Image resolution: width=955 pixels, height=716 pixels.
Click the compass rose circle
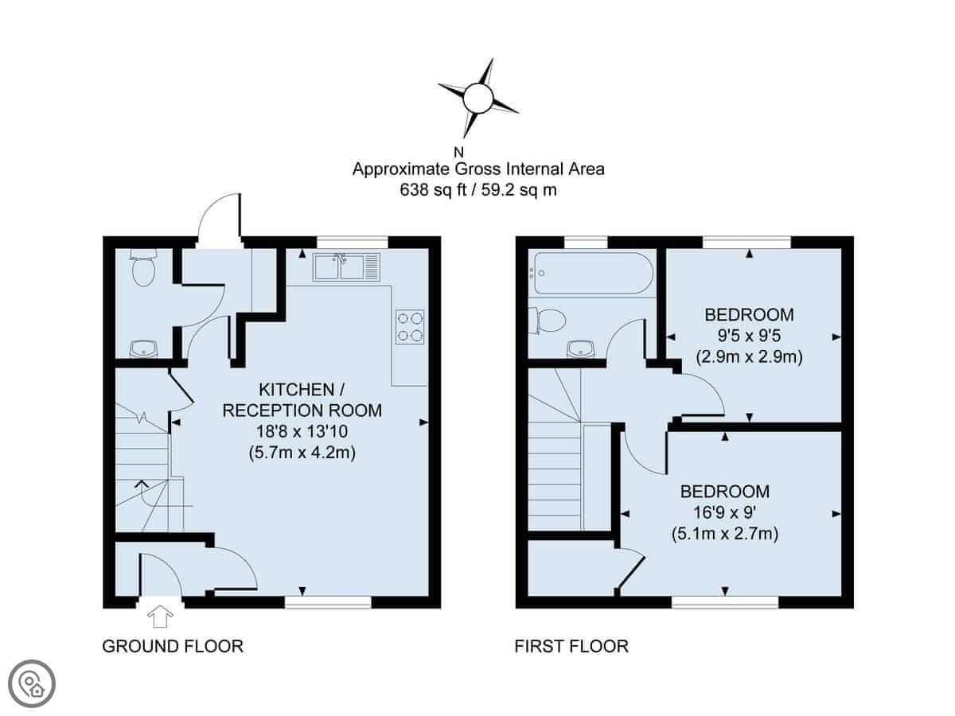[477, 99]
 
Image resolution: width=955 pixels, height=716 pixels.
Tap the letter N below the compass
[458, 153]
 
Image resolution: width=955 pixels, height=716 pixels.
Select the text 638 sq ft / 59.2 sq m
[478, 190]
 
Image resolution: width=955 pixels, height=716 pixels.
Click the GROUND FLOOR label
[173, 647]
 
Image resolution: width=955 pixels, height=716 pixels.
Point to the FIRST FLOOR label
[571, 647]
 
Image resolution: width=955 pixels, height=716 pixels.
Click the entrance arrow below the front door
[160, 617]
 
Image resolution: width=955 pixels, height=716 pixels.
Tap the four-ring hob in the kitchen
[410, 327]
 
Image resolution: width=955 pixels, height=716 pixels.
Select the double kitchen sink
[346, 267]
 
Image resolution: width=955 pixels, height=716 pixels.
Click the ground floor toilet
[143, 267]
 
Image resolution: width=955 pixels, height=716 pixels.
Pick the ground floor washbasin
[143, 348]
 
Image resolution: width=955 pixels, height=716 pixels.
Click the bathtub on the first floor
[594, 273]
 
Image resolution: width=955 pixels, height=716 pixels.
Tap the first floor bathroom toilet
[548, 321]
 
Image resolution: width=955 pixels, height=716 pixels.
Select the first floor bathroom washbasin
[581, 349]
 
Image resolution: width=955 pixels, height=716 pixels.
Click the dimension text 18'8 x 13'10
[302, 432]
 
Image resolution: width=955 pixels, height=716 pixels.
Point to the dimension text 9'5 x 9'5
[749, 336]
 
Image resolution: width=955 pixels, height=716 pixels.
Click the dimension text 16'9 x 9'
[725, 512]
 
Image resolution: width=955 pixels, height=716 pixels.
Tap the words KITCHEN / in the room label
[302, 390]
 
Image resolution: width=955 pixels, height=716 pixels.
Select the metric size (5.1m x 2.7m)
[725, 534]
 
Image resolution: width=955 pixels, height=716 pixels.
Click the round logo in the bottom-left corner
[32, 684]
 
